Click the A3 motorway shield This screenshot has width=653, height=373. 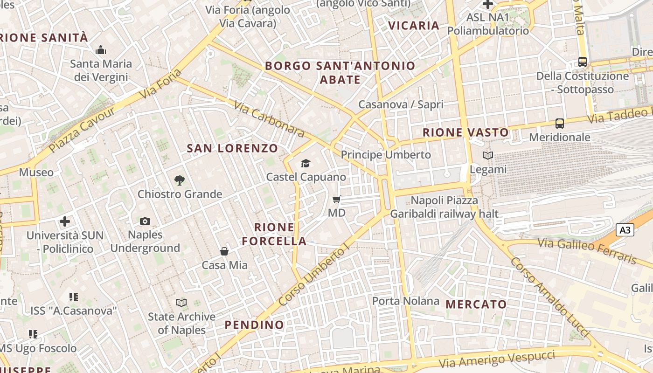[625, 230]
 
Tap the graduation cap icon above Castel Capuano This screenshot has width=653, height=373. [306, 163]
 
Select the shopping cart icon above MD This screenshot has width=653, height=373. [337, 200]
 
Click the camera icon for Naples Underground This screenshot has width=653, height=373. [145, 221]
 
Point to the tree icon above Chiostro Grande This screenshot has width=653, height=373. [179, 180]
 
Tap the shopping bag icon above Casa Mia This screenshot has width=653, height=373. [224, 252]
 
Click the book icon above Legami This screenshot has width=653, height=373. [488, 156]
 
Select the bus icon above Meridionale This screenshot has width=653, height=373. [560, 124]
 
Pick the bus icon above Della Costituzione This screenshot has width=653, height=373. [583, 62]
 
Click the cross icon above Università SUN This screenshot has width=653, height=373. [65, 221]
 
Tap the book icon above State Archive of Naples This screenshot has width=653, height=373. [181, 303]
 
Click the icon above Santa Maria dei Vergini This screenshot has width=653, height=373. [101, 50]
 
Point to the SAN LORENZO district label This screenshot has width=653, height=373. [232, 149]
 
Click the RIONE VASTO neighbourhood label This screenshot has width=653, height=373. [465, 132]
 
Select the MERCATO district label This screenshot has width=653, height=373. [476, 304]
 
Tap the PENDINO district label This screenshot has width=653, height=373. [254, 325]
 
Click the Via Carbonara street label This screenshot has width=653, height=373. [269, 120]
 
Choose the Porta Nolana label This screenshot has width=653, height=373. [405, 301]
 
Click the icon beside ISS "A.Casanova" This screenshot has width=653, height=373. [73, 297]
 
